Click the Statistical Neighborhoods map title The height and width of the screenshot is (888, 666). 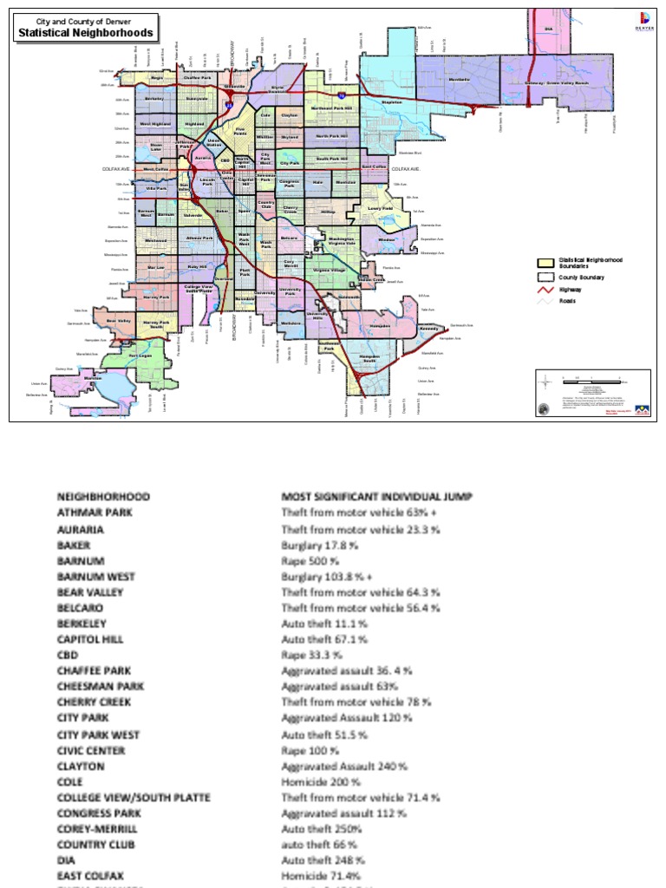coord(87,33)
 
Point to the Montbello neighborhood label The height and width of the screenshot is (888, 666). coord(460,78)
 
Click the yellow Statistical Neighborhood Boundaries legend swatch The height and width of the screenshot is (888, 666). coord(545,262)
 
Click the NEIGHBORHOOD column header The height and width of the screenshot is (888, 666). coord(103,497)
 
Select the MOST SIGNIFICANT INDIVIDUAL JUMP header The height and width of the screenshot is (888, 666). coord(376,497)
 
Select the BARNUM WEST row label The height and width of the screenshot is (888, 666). coord(95,576)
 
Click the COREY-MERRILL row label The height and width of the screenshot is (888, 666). coord(97,829)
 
